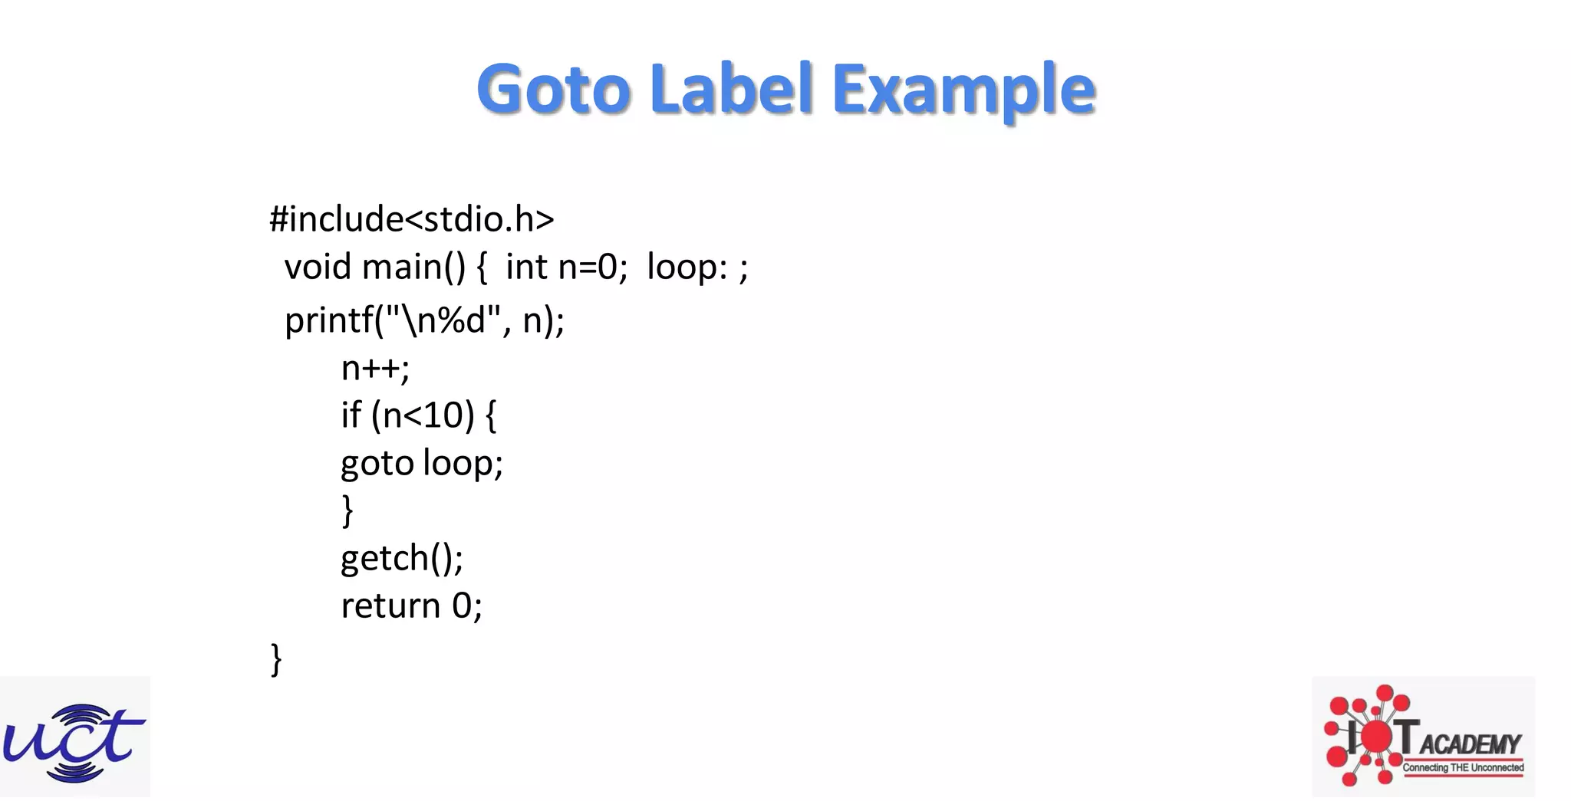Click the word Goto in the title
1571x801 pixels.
(x=553, y=89)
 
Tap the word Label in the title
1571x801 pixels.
(x=731, y=89)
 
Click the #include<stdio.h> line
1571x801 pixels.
(x=411, y=219)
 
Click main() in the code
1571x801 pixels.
(x=413, y=268)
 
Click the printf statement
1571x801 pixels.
(x=424, y=320)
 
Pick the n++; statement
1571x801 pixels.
(x=375, y=369)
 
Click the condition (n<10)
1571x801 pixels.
(x=423, y=415)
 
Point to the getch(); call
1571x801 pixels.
(x=402, y=558)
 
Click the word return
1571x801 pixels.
(x=390, y=606)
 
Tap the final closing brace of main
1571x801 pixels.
(x=276, y=659)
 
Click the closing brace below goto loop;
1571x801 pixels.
(x=347, y=510)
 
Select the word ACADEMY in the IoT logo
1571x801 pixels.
(x=1471, y=744)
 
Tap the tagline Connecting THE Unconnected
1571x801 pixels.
(x=1463, y=767)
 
